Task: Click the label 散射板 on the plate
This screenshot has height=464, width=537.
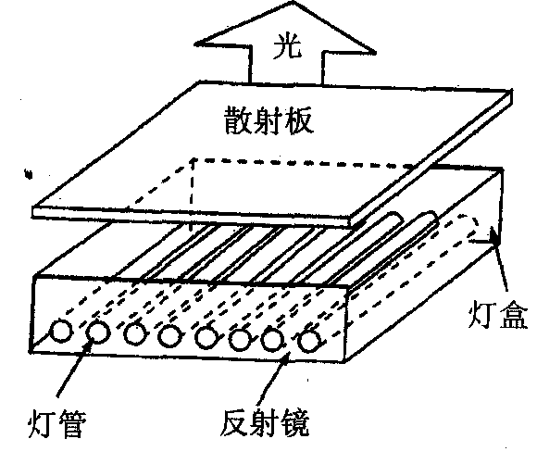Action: tap(268, 120)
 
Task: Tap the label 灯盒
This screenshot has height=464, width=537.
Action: tap(497, 314)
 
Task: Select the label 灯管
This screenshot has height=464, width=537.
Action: tap(56, 423)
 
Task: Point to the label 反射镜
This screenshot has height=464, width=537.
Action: tap(265, 422)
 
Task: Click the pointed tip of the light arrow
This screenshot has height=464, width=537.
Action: tap(293, 2)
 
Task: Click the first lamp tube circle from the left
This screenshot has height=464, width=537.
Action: tap(61, 332)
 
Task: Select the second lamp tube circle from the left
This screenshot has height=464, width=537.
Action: tap(97, 332)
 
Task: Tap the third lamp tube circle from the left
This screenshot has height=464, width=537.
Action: tap(135, 334)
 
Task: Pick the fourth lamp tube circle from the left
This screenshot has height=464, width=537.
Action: tap(169, 336)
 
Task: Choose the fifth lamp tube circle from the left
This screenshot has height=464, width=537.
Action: tap(206, 337)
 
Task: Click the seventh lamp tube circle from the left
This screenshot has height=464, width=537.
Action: tap(272, 339)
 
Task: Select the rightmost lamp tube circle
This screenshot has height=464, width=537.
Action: tap(310, 341)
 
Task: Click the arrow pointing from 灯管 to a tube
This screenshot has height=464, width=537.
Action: tap(74, 370)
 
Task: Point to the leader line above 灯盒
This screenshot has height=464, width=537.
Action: tap(499, 263)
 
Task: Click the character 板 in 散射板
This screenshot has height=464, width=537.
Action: tap(300, 120)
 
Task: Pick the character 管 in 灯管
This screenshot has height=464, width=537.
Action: tap(71, 423)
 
